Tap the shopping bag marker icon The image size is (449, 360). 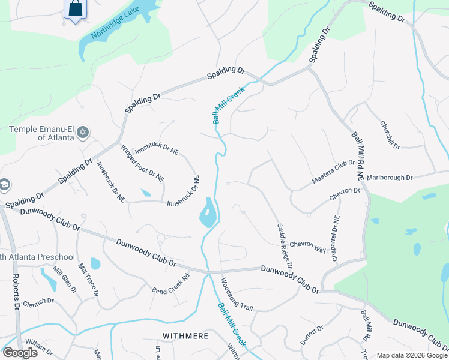pos(75,9)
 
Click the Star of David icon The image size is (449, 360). pos(83,132)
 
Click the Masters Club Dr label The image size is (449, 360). pos(333,172)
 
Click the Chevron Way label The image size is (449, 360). pos(307,247)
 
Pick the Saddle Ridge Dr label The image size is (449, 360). pos(285,246)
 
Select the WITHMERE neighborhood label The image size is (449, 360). pos(185,335)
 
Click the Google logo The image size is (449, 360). pos(20,352)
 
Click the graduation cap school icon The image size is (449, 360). pos(2,184)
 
